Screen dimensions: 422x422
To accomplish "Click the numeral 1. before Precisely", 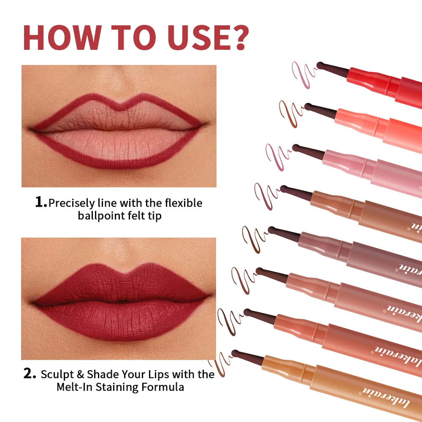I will point(41,203).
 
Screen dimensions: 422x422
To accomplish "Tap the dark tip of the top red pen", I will point(321,65).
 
